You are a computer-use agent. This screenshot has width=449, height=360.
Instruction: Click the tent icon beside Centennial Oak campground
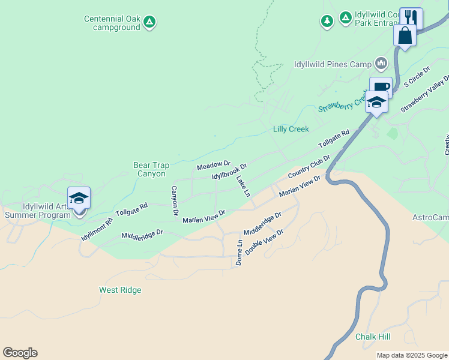point(150,22)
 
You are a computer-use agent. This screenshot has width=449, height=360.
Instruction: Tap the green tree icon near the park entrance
point(327,22)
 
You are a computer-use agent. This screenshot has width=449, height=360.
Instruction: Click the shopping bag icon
point(405,35)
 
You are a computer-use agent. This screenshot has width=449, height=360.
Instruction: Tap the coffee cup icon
point(380,87)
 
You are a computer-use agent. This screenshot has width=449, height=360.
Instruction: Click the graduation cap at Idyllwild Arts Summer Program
point(79,198)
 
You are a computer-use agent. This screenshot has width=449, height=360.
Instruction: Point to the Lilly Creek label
point(291,129)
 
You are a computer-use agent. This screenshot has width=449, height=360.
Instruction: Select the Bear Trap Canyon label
point(149,169)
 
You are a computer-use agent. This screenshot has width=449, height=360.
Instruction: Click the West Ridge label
point(120,290)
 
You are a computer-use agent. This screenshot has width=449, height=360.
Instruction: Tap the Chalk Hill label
point(372,337)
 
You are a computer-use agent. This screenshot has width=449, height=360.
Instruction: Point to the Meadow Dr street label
point(214,164)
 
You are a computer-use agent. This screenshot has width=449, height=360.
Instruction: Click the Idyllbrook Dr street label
point(229,171)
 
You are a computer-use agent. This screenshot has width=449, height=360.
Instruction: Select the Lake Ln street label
point(243,186)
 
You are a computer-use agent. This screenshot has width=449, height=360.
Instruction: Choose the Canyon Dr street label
point(175,200)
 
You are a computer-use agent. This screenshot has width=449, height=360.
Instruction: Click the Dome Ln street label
point(240,253)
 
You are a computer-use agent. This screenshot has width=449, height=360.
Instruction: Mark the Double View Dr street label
point(264,242)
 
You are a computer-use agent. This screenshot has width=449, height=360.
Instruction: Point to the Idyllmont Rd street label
point(97,229)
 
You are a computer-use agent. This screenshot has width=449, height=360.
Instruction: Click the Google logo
point(20,353)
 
